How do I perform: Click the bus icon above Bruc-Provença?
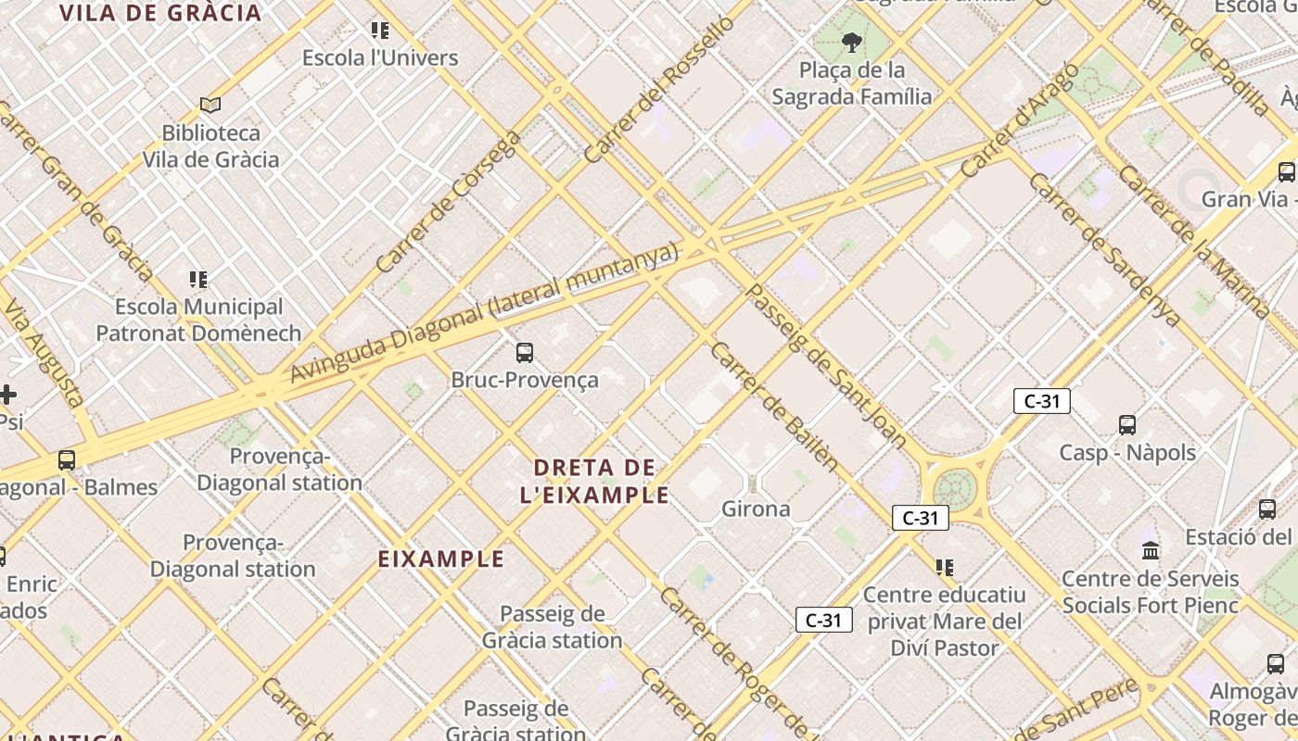pyautogui.click(x=525, y=353)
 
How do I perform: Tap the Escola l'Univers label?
pyautogui.click(x=380, y=57)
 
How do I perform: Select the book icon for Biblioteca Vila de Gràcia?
pyautogui.click(x=210, y=106)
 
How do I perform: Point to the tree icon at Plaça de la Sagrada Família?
pyautogui.click(x=851, y=42)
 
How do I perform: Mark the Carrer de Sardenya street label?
pyautogui.click(x=1103, y=248)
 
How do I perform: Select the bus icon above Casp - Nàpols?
pyautogui.click(x=1127, y=425)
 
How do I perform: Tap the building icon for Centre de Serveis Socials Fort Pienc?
pyautogui.click(x=1151, y=551)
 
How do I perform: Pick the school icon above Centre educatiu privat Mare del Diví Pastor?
pyautogui.click(x=944, y=567)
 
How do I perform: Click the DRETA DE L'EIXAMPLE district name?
pyautogui.click(x=594, y=481)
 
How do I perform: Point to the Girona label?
pyautogui.click(x=756, y=509)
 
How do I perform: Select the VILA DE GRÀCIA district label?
pyautogui.click(x=160, y=13)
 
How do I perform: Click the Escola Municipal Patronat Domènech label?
pyautogui.click(x=198, y=320)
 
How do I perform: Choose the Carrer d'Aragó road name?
pyautogui.click(x=1019, y=120)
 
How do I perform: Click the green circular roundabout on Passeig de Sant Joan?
pyautogui.click(x=956, y=488)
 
